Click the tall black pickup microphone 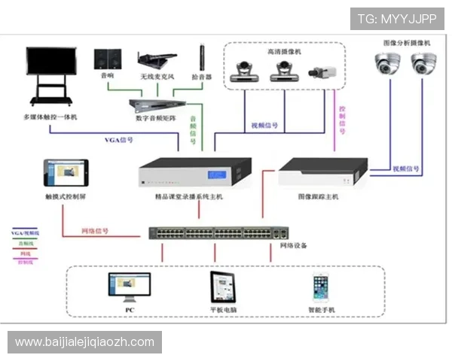[202, 56]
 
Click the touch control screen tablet [66, 173]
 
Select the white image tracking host [322, 173]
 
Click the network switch [218, 233]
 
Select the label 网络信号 [96, 230]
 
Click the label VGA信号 [118, 140]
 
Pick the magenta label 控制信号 [343, 121]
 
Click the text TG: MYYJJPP [398, 18]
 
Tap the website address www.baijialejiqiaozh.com [84, 342]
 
